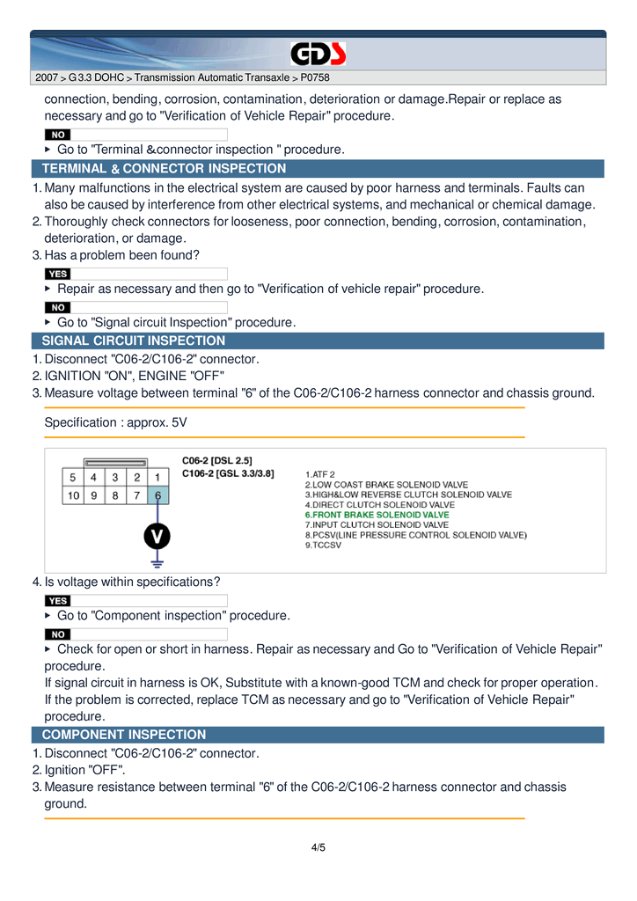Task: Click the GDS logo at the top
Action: pos(318,55)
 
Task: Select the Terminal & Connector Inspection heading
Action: pos(164,169)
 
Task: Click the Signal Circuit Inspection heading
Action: pos(134,341)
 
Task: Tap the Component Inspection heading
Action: pos(124,735)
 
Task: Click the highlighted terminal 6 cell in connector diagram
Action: pos(157,495)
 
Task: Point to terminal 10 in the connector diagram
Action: pos(73,495)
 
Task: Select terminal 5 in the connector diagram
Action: pos(73,477)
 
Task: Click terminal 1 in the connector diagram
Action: pos(157,477)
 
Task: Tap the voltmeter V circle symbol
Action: pos(157,535)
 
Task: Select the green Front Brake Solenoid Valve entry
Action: pos(377,515)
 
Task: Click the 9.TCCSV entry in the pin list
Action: pos(323,546)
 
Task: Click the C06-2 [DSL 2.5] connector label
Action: pos(217,460)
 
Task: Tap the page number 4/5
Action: pos(318,847)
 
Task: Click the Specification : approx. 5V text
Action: pos(116,422)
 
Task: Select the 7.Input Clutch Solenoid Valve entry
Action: pos(377,525)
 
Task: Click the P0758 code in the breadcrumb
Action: pos(315,77)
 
